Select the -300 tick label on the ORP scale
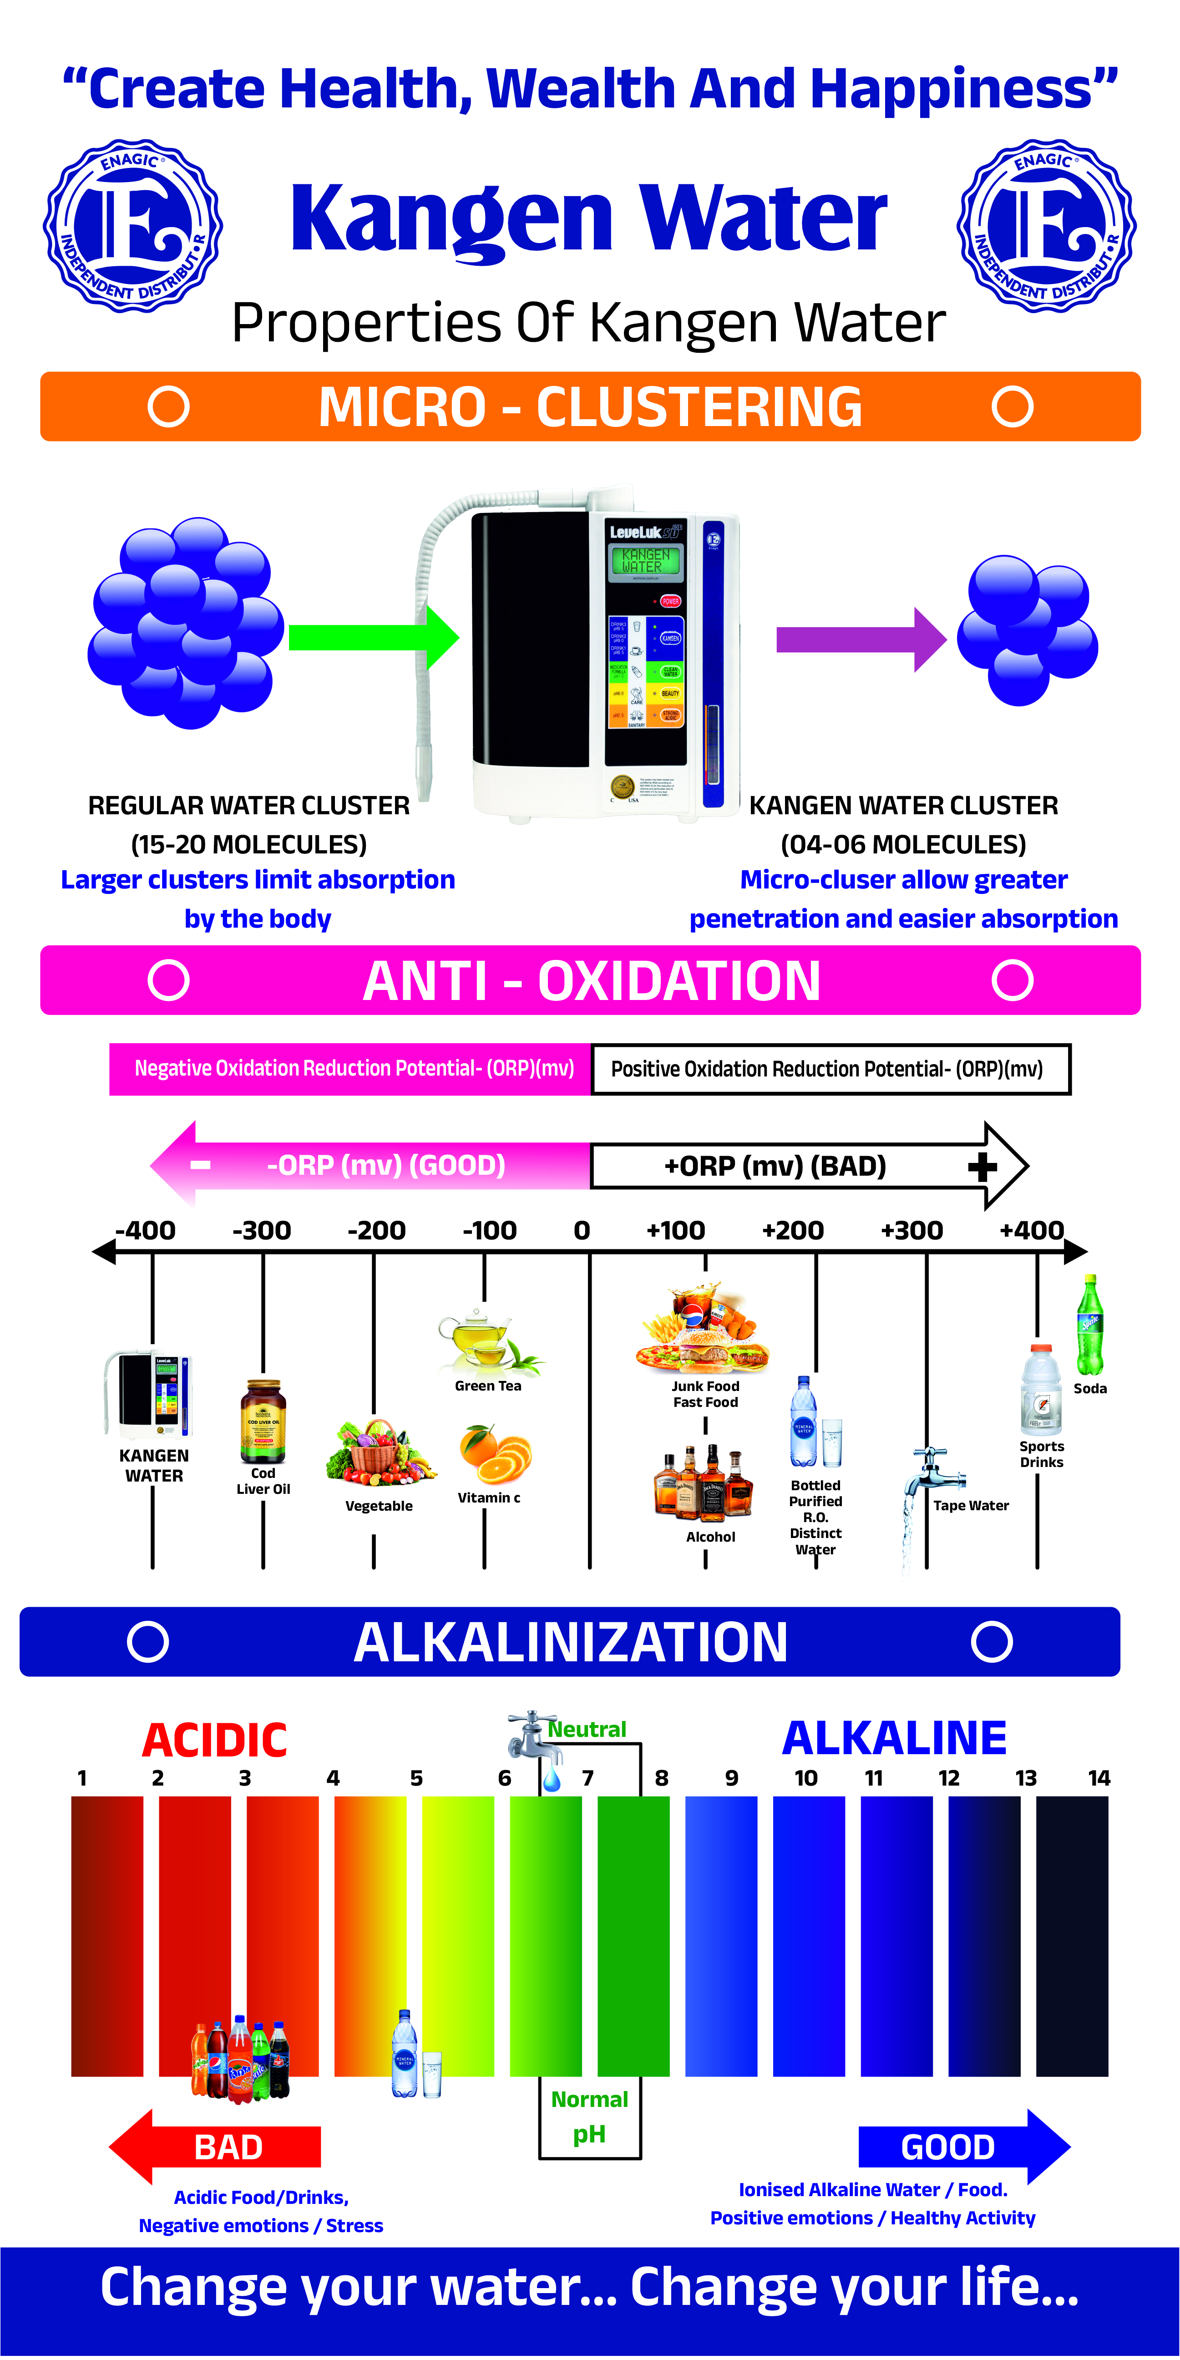click(262, 1230)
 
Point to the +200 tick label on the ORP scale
click(792, 1230)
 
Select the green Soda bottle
click(1089, 1326)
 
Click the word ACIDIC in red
click(214, 1740)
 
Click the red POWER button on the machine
click(670, 601)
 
